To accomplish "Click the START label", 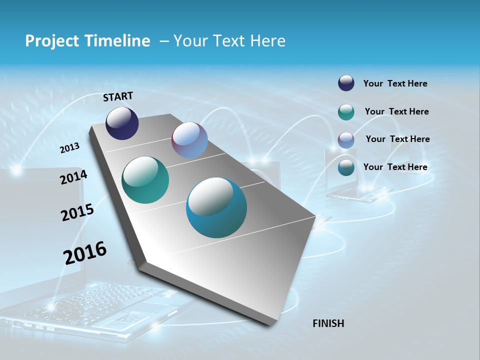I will (118, 96).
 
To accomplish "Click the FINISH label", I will (328, 323).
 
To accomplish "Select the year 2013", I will (69, 148).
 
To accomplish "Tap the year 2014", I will (73, 177).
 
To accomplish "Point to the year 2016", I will (85, 253).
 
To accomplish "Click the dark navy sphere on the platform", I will (122, 123).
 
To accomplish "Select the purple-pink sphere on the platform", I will (189, 140).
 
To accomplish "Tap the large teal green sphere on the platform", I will (145, 180).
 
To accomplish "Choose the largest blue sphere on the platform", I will (216, 207).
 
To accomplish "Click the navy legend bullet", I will (346, 83).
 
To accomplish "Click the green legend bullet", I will (346, 112).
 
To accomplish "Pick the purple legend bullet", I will (346, 140).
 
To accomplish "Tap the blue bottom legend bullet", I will (346, 167).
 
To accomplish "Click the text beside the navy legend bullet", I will (395, 84).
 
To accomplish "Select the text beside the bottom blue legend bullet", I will (395, 167).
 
